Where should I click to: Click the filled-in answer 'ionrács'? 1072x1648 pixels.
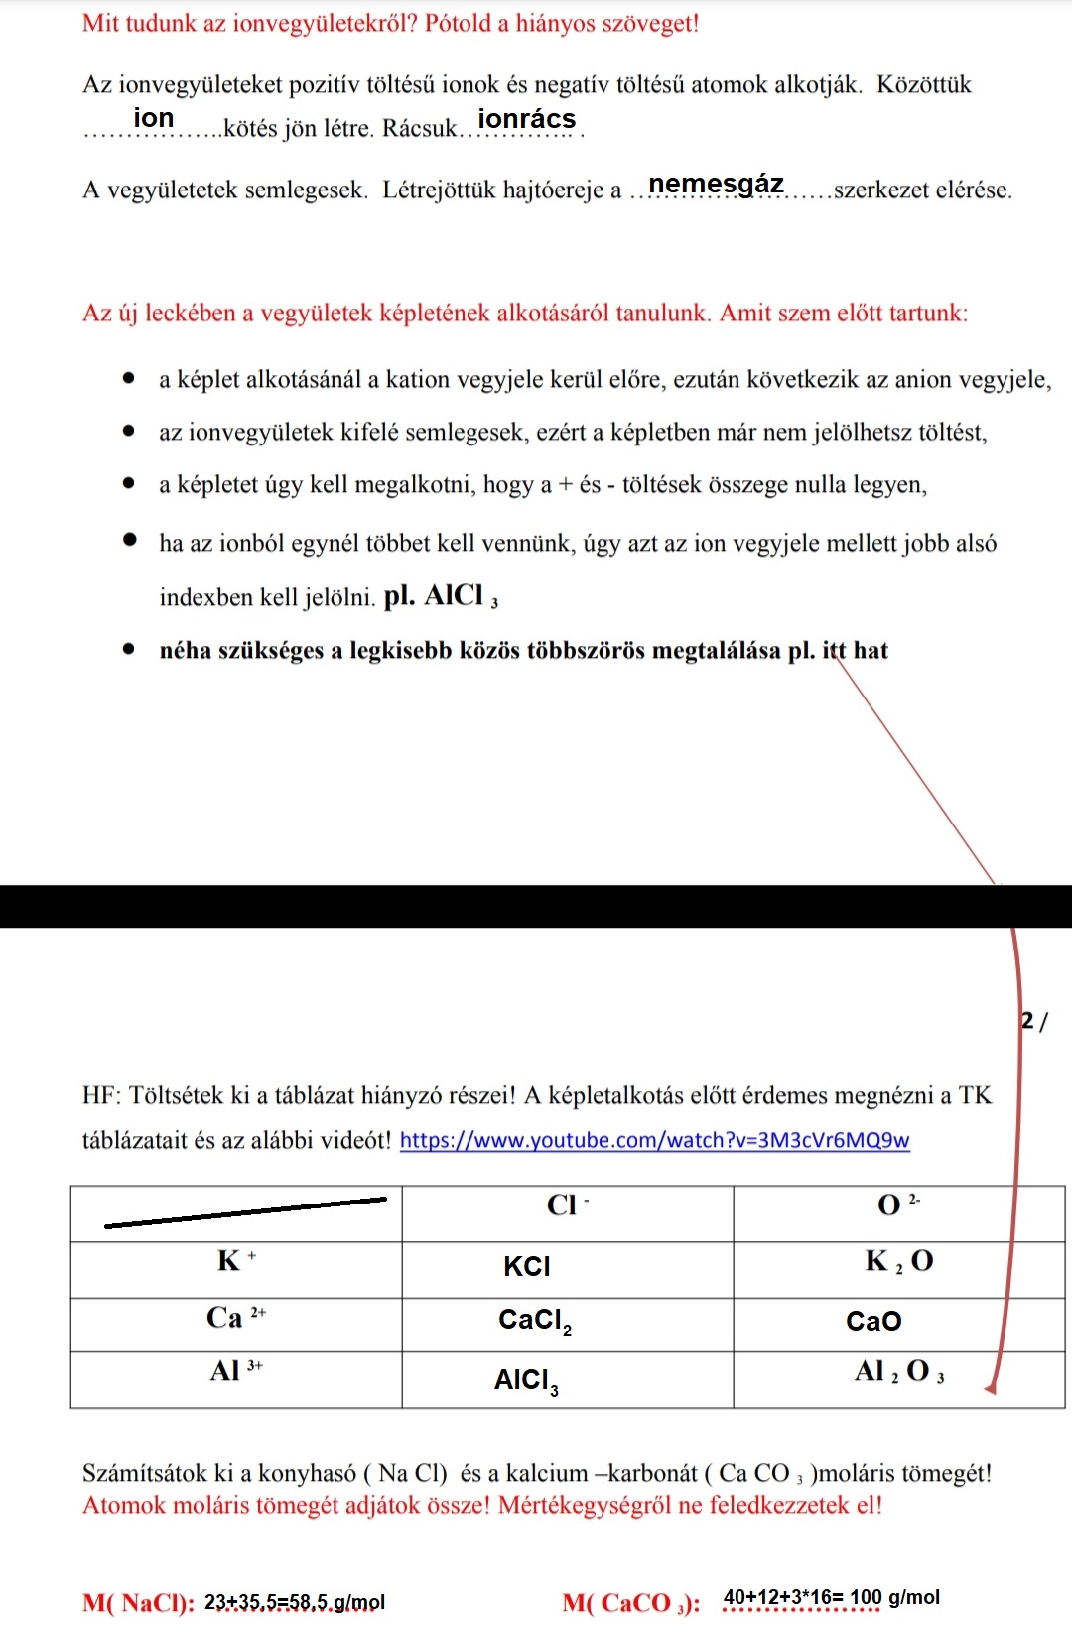pos(526,119)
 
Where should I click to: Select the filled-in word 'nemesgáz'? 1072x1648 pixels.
pos(716,184)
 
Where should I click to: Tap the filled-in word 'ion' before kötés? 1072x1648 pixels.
pos(154,118)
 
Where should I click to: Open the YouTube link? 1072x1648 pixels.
pos(654,1140)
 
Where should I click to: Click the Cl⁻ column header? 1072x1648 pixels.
pos(567,1205)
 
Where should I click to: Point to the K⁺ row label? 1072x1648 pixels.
pos(235,1261)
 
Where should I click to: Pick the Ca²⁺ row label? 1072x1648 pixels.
pos(235,1318)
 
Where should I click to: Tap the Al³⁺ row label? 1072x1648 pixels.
pos(235,1371)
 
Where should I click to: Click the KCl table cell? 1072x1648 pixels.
pos(527,1266)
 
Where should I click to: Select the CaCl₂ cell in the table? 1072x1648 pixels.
pos(535,1321)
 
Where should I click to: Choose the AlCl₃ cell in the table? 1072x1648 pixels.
pos(526,1381)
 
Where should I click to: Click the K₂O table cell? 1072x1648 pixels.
pos(898,1262)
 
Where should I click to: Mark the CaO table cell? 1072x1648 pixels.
pos(873,1321)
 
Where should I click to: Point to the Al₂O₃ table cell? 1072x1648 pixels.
pos(898,1373)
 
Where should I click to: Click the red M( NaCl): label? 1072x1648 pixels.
pos(138,1603)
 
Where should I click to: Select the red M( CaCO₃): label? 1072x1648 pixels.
pos(631,1603)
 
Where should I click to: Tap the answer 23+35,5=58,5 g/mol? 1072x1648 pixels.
pos(295,1602)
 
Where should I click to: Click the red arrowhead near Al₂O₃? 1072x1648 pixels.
pos(991,1388)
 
